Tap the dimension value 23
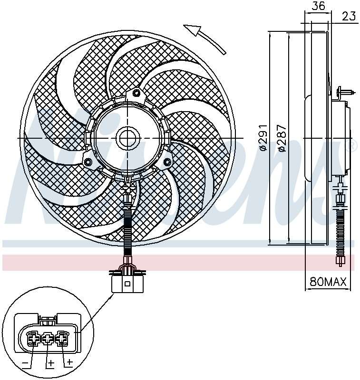click(x=349, y=16)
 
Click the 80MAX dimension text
click(x=328, y=282)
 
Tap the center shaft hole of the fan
click(x=127, y=138)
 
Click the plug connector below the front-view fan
click(x=127, y=283)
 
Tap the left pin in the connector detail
click(x=33, y=339)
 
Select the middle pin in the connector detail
click(x=48, y=339)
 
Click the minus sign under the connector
click(x=25, y=363)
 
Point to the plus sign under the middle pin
click(x=50, y=363)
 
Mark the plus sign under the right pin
click(x=69, y=363)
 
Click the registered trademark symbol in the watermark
click(x=353, y=145)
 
